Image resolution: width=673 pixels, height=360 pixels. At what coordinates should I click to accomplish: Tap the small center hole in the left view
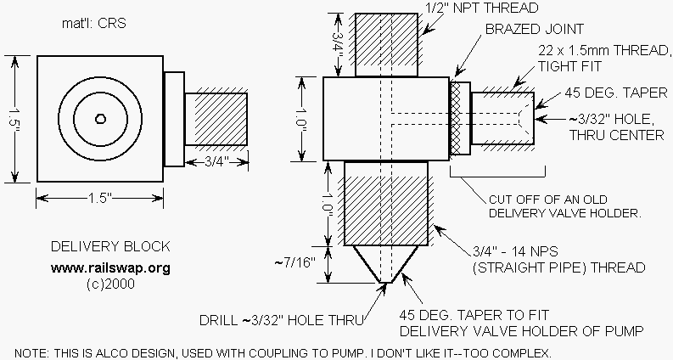coord(100,119)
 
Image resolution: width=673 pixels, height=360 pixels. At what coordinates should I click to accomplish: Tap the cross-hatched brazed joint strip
coord(459,118)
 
